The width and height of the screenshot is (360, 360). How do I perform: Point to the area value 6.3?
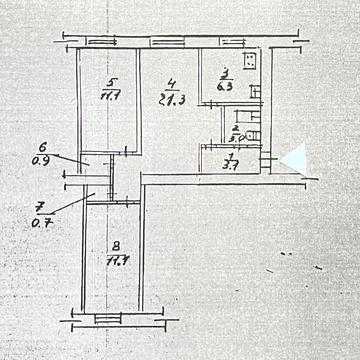point(224,86)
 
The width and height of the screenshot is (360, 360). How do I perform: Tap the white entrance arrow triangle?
point(293,159)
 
